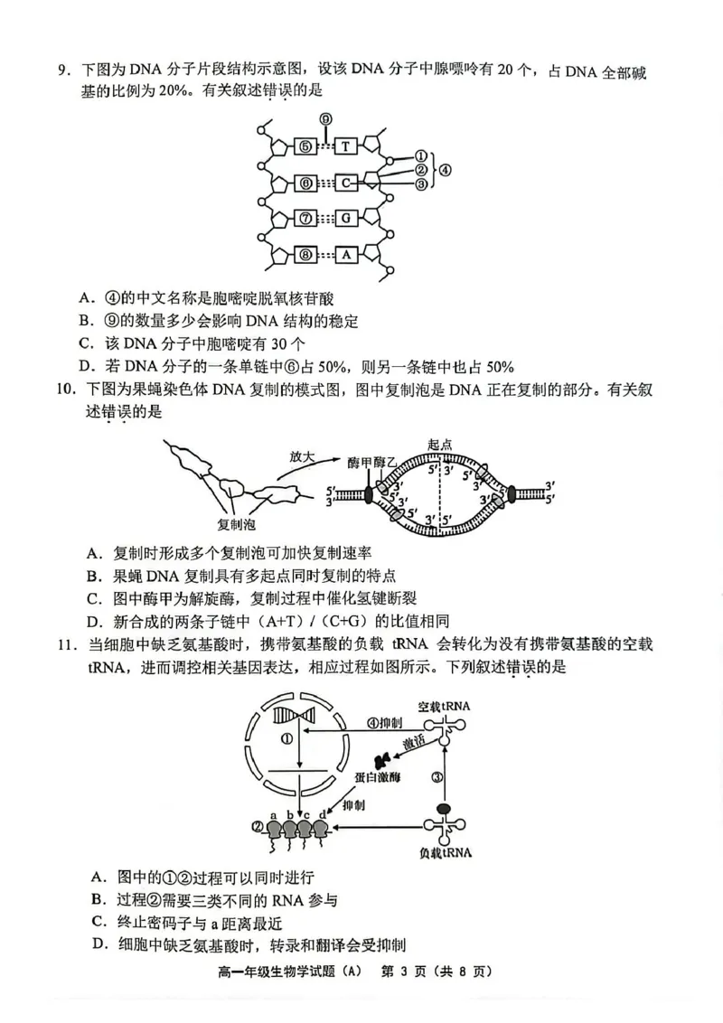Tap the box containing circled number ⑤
click(x=305, y=146)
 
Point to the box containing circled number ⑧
click(x=305, y=255)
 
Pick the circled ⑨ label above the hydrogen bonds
click(x=325, y=118)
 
